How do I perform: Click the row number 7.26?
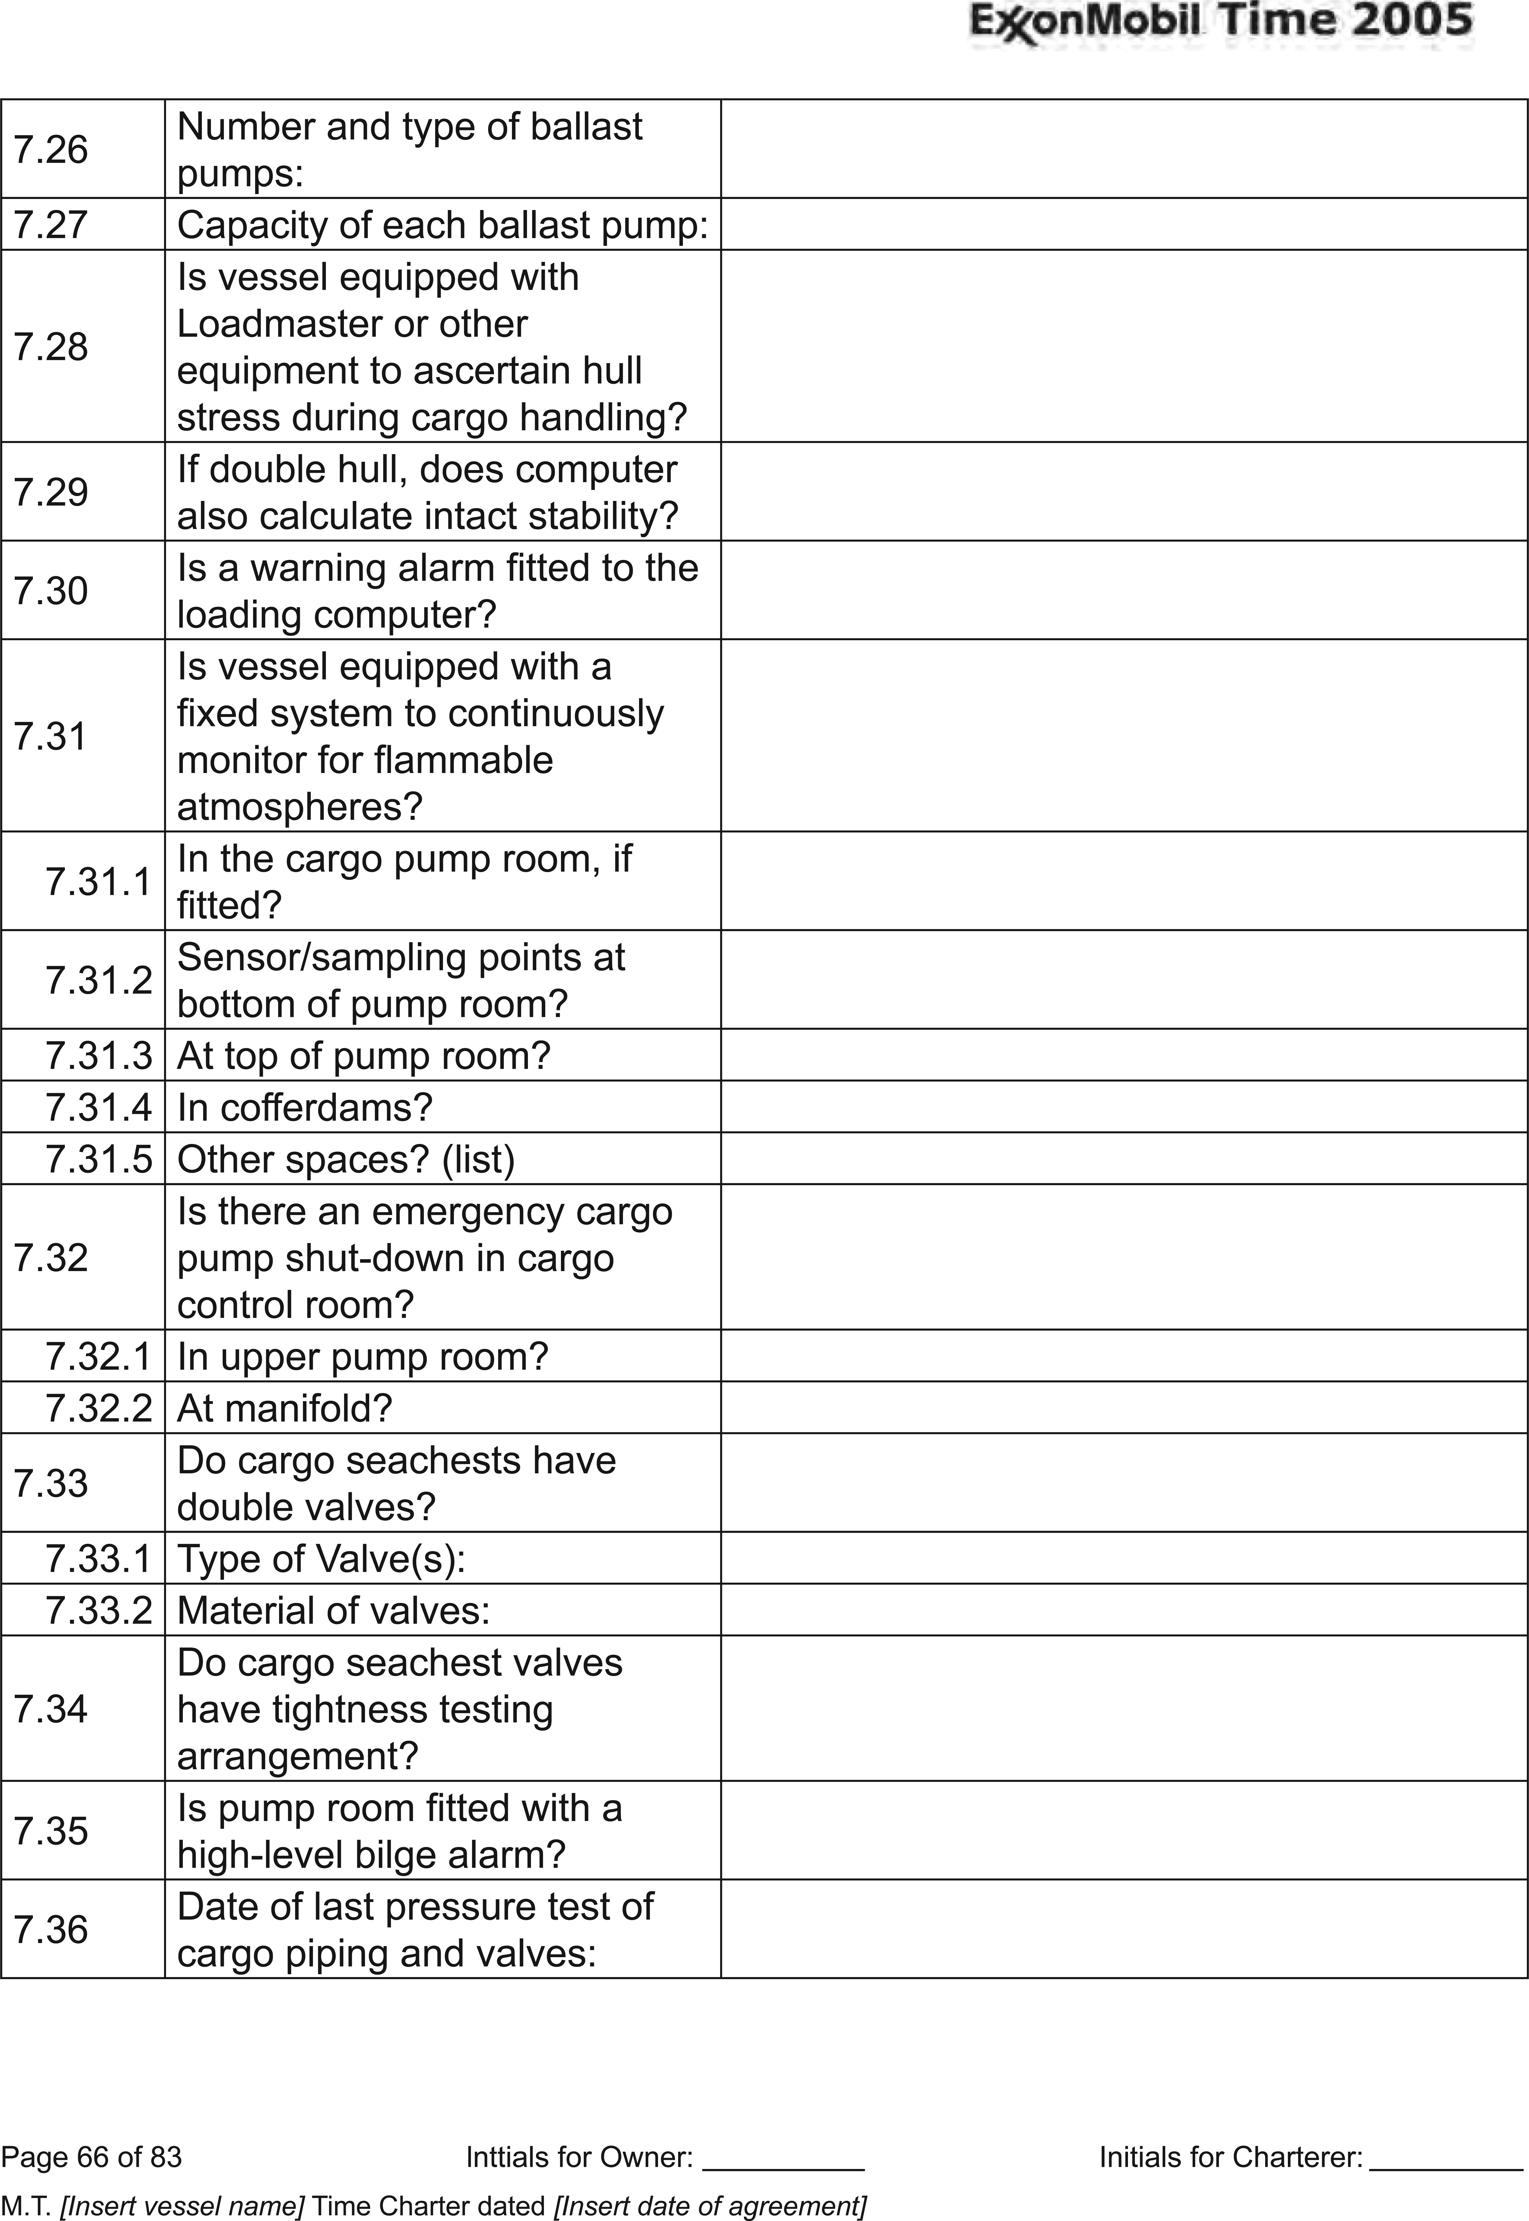(51, 149)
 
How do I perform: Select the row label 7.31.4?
(99, 1107)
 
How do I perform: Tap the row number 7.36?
(51, 1929)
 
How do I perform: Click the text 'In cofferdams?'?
(305, 1107)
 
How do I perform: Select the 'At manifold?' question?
(284, 1408)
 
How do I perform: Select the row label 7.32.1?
(99, 1356)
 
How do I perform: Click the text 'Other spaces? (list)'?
(346, 1159)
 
